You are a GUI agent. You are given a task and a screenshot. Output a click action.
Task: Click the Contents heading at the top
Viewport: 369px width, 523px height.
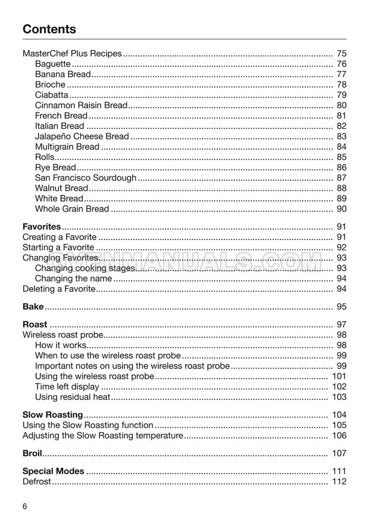[49, 29]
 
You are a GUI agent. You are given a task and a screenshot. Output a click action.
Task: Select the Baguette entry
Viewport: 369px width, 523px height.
[53, 64]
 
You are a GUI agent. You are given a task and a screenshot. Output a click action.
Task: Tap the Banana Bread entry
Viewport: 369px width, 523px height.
[62, 74]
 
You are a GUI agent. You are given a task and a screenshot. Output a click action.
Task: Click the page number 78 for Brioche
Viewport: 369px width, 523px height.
[341, 85]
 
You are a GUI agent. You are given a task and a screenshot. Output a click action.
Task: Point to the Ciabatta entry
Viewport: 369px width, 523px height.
[52, 95]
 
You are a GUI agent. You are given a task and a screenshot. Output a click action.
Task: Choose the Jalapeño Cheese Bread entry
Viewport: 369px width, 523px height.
[82, 137]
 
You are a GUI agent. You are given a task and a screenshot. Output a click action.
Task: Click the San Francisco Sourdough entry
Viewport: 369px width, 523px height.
[86, 178]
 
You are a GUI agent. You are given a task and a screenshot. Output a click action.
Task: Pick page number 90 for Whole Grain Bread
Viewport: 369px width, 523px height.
[341, 209]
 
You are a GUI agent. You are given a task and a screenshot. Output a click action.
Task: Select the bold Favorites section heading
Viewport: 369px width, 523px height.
[42, 226]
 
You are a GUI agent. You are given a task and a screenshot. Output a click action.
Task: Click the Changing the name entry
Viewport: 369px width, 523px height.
[73, 278]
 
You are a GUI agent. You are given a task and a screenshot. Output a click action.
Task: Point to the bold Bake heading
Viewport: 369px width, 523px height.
[33, 307]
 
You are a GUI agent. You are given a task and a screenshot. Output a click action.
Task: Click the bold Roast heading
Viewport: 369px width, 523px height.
[35, 324]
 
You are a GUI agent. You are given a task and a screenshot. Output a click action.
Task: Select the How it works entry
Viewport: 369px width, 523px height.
[61, 345]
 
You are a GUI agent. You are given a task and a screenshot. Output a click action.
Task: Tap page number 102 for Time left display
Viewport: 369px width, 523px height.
[339, 386]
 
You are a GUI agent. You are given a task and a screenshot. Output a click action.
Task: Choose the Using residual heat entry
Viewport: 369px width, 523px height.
[73, 397]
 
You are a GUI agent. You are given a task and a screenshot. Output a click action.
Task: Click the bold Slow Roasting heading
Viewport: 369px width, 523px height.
[52, 414]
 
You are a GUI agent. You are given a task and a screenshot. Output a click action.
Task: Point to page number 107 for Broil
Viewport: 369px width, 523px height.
[339, 453]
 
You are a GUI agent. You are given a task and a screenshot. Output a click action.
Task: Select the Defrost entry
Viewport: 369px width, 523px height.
[37, 482]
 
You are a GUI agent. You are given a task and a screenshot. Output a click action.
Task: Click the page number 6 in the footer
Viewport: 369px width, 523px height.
[24, 506]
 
